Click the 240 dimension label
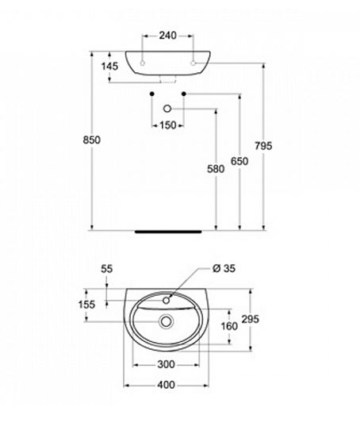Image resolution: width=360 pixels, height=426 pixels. pyautogui.click(x=167, y=36)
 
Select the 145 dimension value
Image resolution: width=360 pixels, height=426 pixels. pyautogui.click(x=109, y=66)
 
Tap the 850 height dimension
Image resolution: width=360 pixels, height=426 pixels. pyautogui.click(x=91, y=140)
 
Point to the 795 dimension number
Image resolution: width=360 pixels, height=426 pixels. pyautogui.click(x=263, y=146)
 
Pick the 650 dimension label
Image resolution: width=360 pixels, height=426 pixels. pyautogui.click(x=239, y=161)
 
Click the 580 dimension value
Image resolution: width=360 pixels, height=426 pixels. pyautogui.click(x=216, y=169)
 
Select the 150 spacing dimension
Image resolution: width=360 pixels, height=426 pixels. pyautogui.click(x=168, y=125)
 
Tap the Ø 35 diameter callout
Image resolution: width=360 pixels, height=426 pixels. pyautogui.click(x=224, y=268)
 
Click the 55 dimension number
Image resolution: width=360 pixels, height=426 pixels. pyautogui.click(x=107, y=269)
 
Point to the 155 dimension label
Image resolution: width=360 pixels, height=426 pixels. pyautogui.click(x=87, y=305)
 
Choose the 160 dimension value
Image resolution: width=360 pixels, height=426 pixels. pyautogui.click(x=229, y=326)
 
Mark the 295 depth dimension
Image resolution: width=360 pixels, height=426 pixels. pyautogui.click(x=251, y=319)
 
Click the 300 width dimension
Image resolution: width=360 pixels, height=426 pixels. pyautogui.click(x=166, y=364)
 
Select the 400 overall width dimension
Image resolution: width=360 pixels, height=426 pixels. pyautogui.click(x=167, y=385)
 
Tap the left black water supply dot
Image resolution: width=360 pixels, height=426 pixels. pyautogui.click(x=152, y=94)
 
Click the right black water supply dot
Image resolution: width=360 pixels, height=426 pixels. pyautogui.click(x=184, y=94)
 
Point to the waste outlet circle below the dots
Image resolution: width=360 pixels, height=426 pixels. pyautogui.click(x=167, y=109)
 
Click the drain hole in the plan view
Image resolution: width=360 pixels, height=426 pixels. pyautogui.click(x=166, y=321)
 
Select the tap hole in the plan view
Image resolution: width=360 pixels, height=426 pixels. pyautogui.click(x=167, y=300)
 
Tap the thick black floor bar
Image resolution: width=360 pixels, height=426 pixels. pyautogui.click(x=168, y=232)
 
